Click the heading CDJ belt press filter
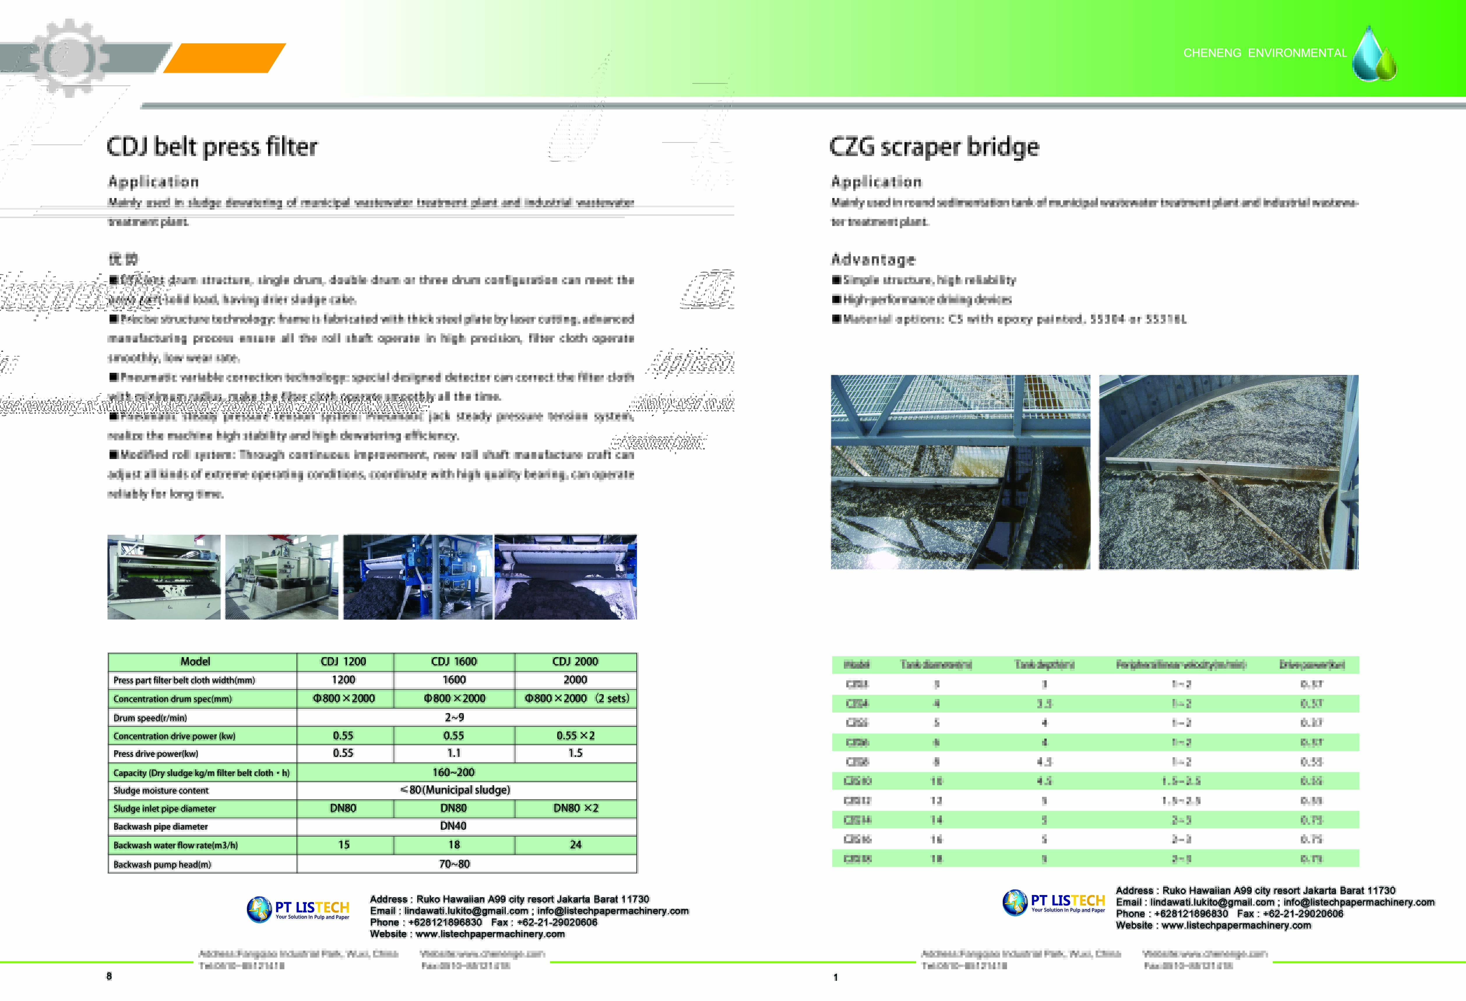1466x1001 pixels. pyautogui.click(x=212, y=147)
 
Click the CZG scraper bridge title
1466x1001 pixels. pyautogui.click(x=934, y=147)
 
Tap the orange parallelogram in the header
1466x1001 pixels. pyautogui.click(x=225, y=58)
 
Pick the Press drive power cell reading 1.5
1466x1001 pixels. pyautogui.click(x=575, y=753)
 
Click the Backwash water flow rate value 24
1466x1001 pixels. pyautogui.click(x=575, y=845)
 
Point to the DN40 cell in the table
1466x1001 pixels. pyautogui.click(x=453, y=826)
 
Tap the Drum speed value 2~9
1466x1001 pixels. pyautogui.click(x=453, y=717)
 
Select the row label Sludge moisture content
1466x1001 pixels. pyautogui.click(x=161, y=790)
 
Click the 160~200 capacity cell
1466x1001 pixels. pyautogui.click(x=453, y=772)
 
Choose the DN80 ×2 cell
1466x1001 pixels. pyautogui.click(x=575, y=808)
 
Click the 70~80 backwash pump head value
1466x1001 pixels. pyautogui.click(x=453, y=864)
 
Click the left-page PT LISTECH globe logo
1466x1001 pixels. pyautogui.click(x=259, y=910)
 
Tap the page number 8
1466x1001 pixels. pyautogui.click(x=109, y=976)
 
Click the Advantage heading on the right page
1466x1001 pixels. pyautogui.click(x=873, y=259)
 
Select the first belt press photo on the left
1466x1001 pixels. pyautogui.click(x=164, y=577)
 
